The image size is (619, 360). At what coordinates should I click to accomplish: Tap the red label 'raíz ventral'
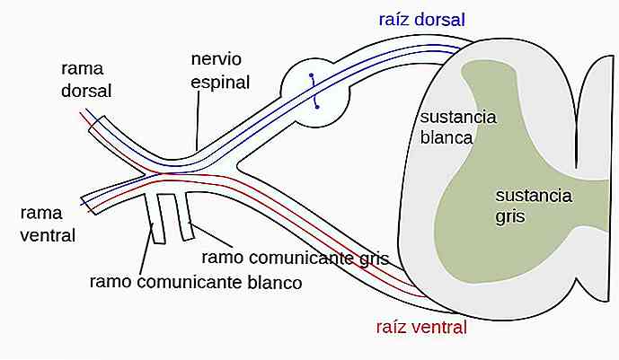click(x=422, y=328)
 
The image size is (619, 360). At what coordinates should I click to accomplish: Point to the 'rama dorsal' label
click(x=86, y=80)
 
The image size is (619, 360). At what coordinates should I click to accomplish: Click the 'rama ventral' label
click(x=50, y=224)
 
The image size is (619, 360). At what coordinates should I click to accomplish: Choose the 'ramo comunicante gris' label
click(x=295, y=258)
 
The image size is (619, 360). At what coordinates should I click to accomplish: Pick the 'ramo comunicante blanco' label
click(x=195, y=281)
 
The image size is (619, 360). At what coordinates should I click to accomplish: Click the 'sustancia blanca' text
click(x=458, y=127)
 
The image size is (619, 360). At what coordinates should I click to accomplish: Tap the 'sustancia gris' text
click(x=533, y=206)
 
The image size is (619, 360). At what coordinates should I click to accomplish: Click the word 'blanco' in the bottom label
click(x=274, y=281)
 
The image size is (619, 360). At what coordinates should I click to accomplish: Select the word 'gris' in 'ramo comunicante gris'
click(x=372, y=259)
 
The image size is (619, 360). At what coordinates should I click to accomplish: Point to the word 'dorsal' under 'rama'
click(x=86, y=91)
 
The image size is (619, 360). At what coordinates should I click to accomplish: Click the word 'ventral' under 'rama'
click(x=50, y=235)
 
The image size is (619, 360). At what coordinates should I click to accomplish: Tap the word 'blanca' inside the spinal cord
click(x=447, y=137)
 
